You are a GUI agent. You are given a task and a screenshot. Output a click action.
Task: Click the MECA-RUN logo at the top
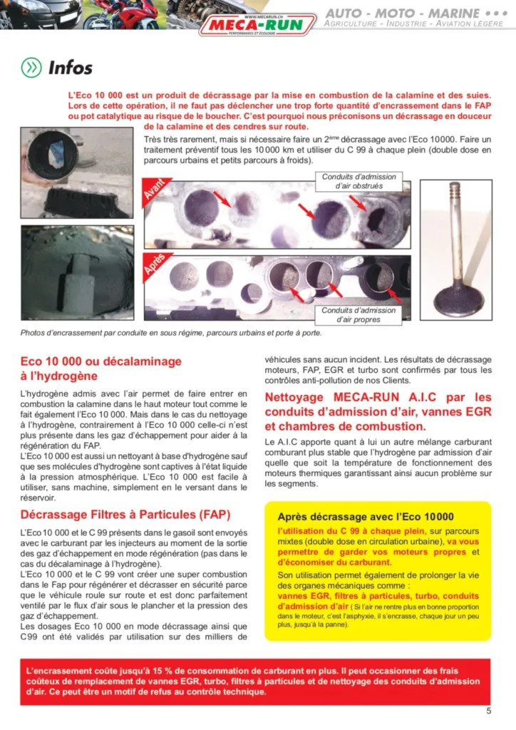pyautogui.click(x=258, y=25)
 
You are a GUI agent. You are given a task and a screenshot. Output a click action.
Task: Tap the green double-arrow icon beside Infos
pyautogui.click(x=31, y=68)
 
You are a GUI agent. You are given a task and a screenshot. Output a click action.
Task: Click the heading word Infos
pyautogui.click(x=71, y=68)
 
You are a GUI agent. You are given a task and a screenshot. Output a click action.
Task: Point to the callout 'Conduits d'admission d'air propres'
pyautogui.click(x=358, y=315)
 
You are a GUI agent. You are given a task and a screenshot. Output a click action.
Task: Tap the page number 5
pyautogui.click(x=489, y=710)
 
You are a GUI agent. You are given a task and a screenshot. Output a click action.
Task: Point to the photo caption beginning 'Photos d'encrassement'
pyautogui.click(x=170, y=332)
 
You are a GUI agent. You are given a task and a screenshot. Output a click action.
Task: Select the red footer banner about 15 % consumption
pyautogui.click(x=257, y=681)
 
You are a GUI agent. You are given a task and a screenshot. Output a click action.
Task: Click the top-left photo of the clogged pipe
pyautogui.click(x=78, y=173)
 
